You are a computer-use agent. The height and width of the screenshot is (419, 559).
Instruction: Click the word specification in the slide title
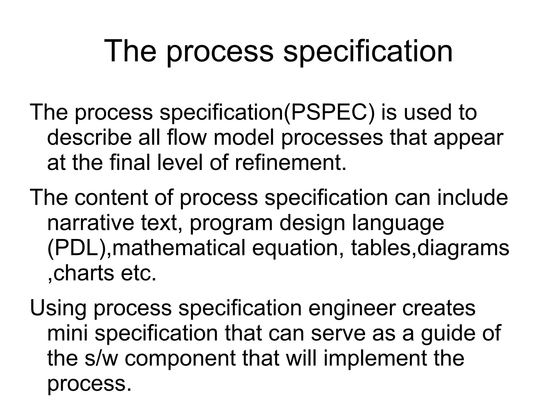pos(368,51)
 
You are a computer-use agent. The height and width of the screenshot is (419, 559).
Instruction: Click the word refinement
pos(290,163)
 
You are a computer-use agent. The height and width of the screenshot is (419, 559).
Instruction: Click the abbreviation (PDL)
pos(78,248)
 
